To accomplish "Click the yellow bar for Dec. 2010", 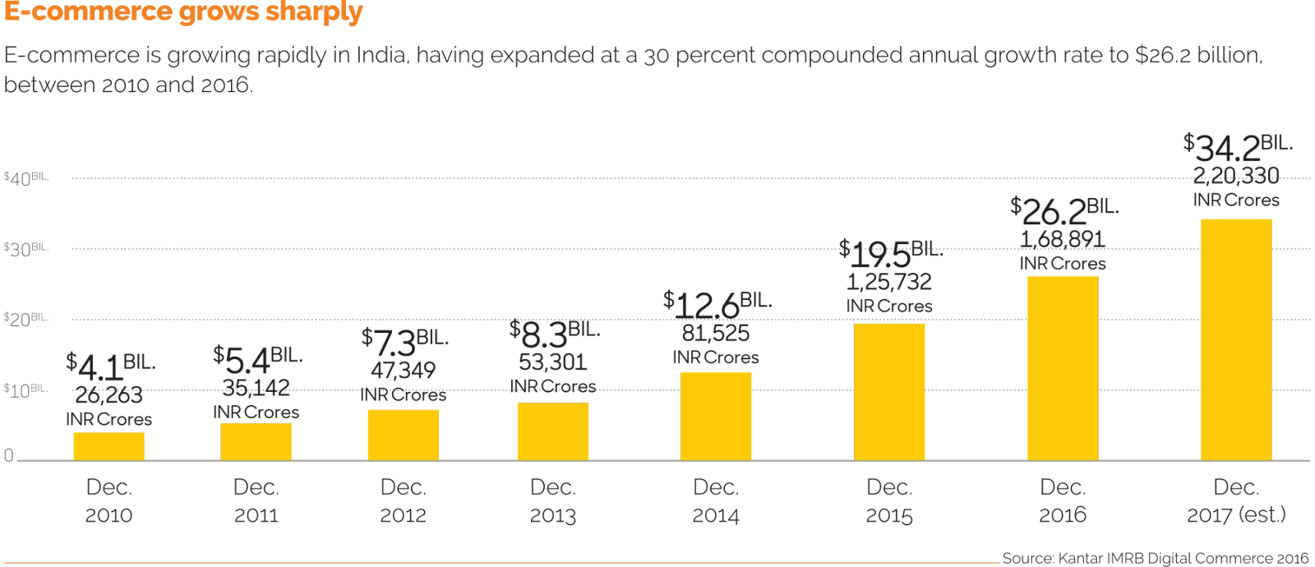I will point(108,446).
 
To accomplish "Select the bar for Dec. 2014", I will point(716,416).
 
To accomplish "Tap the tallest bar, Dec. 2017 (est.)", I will point(1235,339).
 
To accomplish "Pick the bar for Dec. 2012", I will point(403,435).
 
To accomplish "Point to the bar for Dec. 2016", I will point(1062,368).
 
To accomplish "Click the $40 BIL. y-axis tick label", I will point(25,178).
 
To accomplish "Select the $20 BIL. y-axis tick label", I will point(25,319).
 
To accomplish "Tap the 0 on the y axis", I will point(9,455).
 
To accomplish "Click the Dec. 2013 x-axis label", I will point(552,501).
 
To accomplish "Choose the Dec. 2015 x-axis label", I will point(889,501).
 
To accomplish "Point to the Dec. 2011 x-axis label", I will point(256,501).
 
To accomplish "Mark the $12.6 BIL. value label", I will point(717,304).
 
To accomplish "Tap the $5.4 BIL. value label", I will point(257,359).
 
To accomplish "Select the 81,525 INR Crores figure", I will point(716,333).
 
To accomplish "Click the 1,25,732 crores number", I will point(889,282).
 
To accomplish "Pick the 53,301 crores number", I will point(552,362).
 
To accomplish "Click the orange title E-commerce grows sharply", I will point(183,12).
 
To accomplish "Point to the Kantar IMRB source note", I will point(1155,558).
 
